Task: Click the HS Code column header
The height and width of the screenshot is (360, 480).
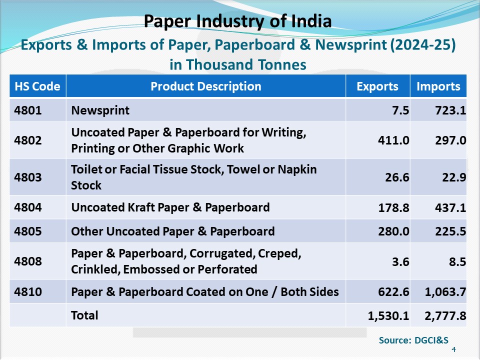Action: click(x=37, y=86)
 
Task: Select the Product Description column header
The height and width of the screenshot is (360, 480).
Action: click(x=205, y=86)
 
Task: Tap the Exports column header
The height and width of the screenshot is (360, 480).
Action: click(x=377, y=86)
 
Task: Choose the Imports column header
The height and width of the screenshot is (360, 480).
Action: click(x=438, y=86)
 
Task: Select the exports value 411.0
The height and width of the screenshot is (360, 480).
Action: click(x=393, y=141)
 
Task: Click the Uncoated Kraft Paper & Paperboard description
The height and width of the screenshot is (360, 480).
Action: click(x=170, y=207)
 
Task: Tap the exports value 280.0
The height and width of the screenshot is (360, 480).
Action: click(x=393, y=231)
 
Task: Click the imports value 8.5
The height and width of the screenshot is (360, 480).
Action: click(x=458, y=261)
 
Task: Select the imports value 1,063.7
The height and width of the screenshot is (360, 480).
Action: click(x=445, y=292)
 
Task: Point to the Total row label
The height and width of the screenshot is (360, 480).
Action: click(x=84, y=315)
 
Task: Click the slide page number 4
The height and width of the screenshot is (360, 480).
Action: click(x=453, y=349)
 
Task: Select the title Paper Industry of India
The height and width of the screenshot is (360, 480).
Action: click(x=237, y=21)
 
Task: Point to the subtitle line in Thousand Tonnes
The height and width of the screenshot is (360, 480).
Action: click(x=237, y=65)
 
